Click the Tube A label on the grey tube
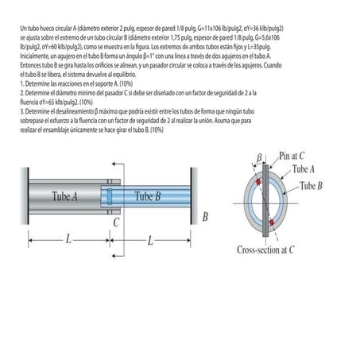[65, 195]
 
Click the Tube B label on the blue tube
[148, 196]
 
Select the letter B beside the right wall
[205, 216]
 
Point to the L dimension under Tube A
[68, 238]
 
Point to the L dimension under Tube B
[150, 238]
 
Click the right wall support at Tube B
[193, 195]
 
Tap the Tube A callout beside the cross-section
[302, 169]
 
